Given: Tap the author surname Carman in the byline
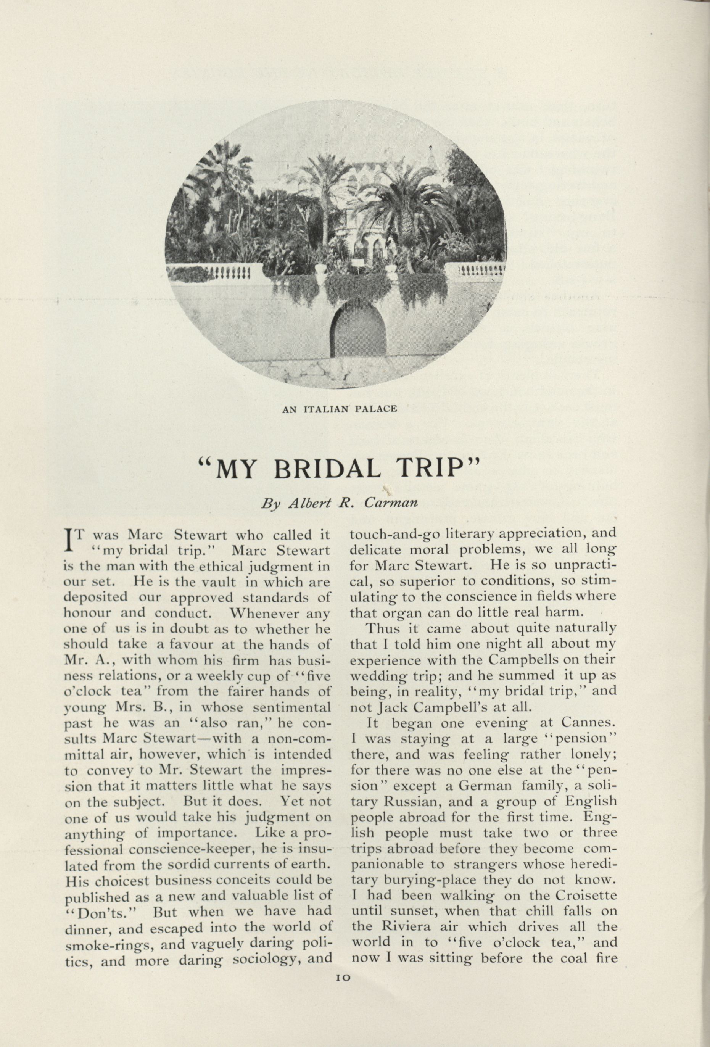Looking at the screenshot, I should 391,504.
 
